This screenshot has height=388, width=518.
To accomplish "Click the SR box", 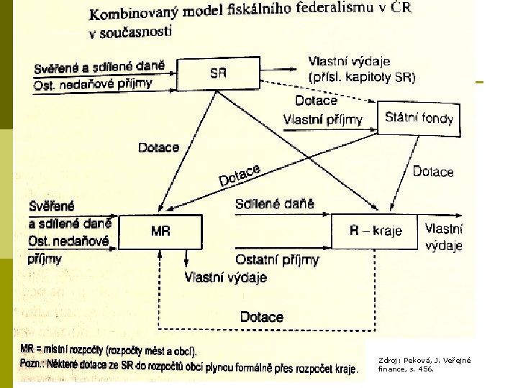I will pos(218,73).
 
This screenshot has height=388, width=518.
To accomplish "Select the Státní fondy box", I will pos(419,116).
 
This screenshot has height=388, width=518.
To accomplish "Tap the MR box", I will pos(160,231).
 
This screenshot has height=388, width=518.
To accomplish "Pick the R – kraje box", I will pos(374,231).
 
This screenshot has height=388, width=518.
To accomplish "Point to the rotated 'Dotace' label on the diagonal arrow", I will pos(239,174).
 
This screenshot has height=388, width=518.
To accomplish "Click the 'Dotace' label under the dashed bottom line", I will pos(261,317).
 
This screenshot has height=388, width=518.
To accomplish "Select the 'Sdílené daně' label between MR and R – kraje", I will pos(275,203).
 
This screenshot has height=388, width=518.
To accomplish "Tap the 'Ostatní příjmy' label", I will pos(277,259).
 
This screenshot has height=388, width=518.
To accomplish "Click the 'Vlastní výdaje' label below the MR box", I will pos(226,277).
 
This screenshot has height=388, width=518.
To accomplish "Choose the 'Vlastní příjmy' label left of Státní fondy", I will pos(323,119).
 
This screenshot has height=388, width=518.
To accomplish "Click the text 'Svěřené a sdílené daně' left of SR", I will pos(99,68).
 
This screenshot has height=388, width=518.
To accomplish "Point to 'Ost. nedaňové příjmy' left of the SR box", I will pos(94,84).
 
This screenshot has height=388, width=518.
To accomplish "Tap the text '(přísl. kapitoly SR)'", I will pos(362,76).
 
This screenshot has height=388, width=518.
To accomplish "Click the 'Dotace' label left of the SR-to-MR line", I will pos(158,147).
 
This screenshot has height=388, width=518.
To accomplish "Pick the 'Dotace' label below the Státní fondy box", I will pos(433,172).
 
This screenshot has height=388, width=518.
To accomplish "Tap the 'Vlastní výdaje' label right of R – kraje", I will pos(444,238).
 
